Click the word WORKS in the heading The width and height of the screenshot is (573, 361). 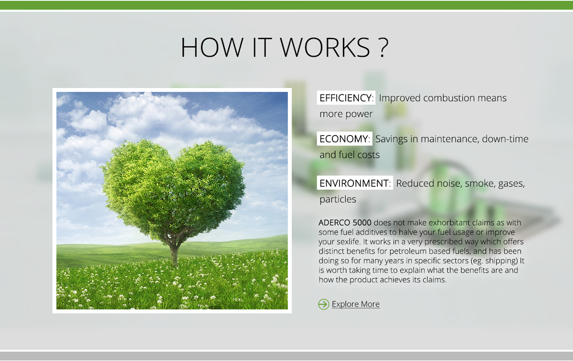pos(325,47)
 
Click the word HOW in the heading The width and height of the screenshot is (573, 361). pos(212,47)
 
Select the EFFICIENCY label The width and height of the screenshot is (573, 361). pos(346,98)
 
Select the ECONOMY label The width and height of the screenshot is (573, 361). pos(345,139)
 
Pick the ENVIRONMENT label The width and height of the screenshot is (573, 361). pos(355,183)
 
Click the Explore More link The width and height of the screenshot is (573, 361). pos(356,304)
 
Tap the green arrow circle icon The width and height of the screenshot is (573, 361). pos(323,304)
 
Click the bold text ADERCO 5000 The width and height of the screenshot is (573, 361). pos(345,223)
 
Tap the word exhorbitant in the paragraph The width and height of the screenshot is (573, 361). pos(449,223)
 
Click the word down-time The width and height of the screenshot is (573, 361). pos(505,139)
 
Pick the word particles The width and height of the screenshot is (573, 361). pos(338,199)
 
